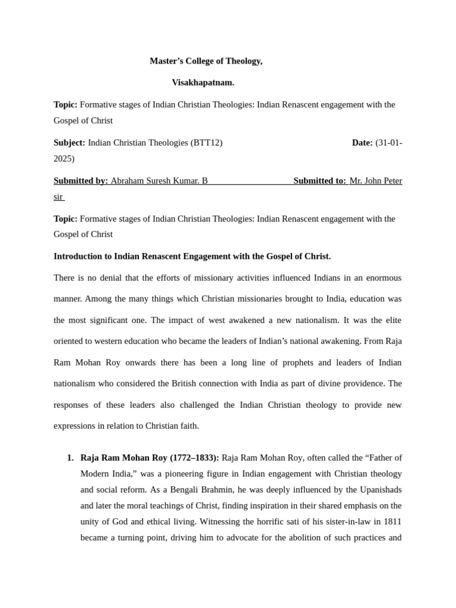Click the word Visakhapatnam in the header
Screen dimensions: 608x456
click(x=203, y=83)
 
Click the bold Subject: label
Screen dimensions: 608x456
click(x=69, y=142)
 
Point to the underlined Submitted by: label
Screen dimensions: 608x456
click(x=81, y=180)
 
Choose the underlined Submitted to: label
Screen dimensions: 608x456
click(x=320, y=180)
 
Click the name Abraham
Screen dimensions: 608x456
click(x=128, y=180)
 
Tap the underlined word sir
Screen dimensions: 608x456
click(x=58, y=197)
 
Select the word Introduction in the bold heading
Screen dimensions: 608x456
click(x=79, y=256)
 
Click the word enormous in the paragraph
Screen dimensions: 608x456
click(x=383, y=278)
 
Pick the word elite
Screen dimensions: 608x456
click(x=392, y=320)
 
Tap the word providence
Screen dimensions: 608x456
click(x=364, y=384)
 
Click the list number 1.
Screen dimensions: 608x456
click(x=70, y=458)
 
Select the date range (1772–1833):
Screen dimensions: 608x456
click(x=194, y=458)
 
